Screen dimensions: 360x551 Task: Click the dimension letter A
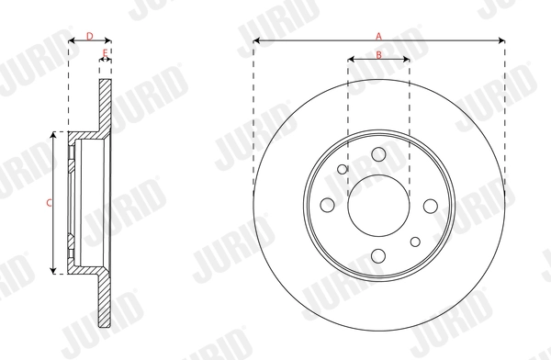378,35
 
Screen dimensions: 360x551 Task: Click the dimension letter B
378,54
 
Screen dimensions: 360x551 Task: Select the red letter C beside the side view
49,202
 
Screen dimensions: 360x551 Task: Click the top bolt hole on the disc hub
378,155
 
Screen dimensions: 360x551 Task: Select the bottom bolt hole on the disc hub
378,256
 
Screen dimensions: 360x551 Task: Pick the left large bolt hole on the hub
328,206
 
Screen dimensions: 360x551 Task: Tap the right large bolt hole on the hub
429,206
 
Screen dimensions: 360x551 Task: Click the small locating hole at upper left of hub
343,169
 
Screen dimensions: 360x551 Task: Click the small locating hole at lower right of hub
415,242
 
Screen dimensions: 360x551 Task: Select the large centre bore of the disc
378,206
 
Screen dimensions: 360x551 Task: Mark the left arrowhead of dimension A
257,40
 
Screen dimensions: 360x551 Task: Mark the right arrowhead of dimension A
501,40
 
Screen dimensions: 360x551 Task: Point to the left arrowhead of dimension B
350,61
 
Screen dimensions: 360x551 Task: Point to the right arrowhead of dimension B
407,61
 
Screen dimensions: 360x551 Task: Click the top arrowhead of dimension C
55,135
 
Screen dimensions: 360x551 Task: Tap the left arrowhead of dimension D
71,40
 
